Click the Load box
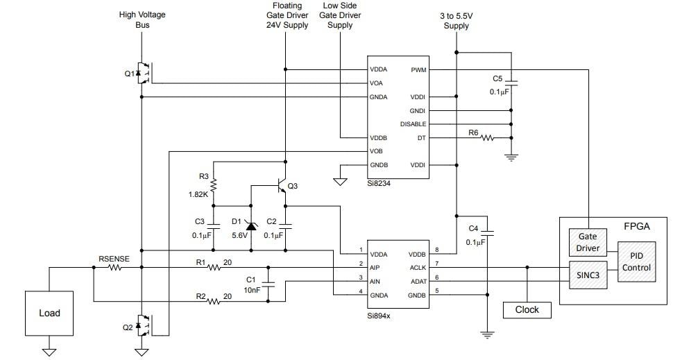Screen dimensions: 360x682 tap(49, 313)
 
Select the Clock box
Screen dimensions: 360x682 tap(527, 309)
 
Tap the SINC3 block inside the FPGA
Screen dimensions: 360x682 tap(588, 273)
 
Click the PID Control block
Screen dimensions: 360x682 tap(636, 262)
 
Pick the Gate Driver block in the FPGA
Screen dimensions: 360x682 tap(588, 242)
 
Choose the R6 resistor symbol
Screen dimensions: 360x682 tap(488, 138)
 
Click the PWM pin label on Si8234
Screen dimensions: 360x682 tap(418, 69)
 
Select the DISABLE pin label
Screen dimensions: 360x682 tap(413, 124)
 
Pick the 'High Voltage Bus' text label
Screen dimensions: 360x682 tap(142, 19)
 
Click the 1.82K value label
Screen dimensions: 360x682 tap(198, 195)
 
